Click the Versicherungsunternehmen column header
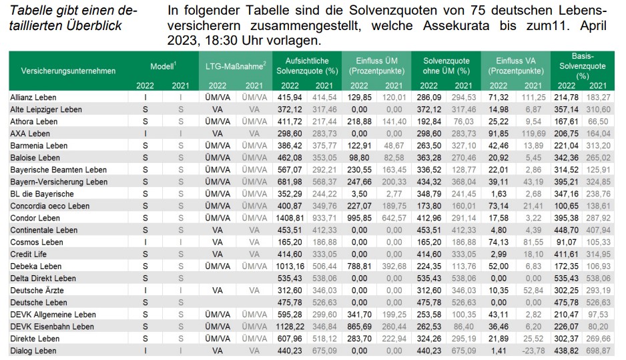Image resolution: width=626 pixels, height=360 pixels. pos(68,70)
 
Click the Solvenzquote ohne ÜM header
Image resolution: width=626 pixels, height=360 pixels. pos(443,65)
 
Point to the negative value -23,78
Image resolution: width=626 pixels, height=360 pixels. pos(533,350)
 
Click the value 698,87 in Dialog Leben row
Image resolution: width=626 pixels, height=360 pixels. pos(599,350)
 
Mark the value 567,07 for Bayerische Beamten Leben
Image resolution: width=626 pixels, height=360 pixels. pos(290,170)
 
